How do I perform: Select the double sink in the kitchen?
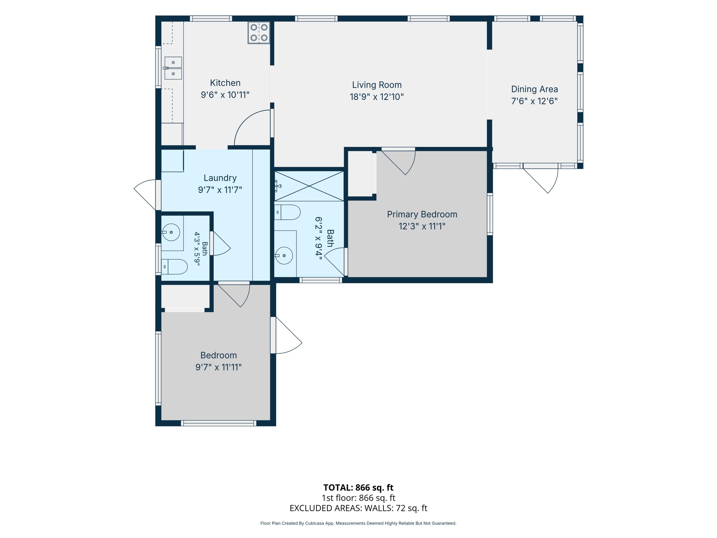point(173,68)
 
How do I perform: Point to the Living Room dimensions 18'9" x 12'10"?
point(377,97)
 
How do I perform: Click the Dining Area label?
point(534,89)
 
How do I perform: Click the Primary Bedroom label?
point(422,214)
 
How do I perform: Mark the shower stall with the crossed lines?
point(309,186)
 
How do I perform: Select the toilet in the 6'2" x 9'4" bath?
point(287,212)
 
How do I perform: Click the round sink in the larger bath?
point(284,256)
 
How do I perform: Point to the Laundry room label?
point(220,178)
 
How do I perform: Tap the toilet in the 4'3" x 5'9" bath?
point(174,267)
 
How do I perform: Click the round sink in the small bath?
point(171,232)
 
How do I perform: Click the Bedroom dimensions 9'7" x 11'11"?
point(218,367)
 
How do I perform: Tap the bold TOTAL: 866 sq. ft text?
point(358,487)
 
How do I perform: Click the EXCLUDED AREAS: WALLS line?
point(358,508)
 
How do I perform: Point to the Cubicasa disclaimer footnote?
point(358,523)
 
